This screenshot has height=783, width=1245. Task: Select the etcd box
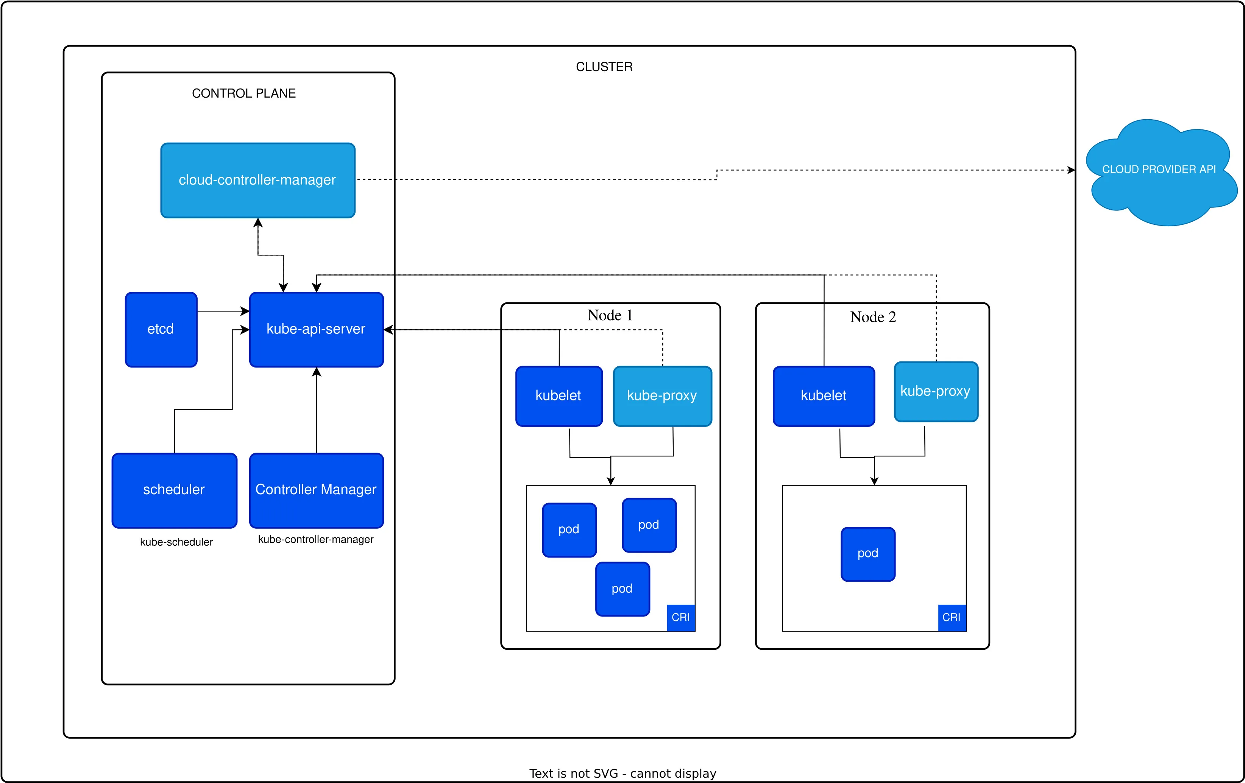(161, 330)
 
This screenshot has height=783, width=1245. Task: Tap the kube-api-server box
(316, 330)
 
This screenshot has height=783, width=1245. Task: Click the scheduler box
(174, 490)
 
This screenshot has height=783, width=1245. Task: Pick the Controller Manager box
(316, 490)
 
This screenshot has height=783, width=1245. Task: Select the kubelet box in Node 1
(559, 396)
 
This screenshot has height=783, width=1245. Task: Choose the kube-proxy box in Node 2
(935, 392)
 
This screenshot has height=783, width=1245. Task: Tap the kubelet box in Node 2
(823, 396)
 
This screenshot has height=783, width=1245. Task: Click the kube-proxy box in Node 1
(662, 396)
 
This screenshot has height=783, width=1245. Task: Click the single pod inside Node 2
(867, 554)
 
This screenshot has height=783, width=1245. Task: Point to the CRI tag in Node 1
(680, 617)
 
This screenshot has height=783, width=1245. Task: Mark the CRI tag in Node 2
(951, 617)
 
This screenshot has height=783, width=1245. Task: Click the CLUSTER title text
(604, 67)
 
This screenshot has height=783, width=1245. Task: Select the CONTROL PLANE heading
(243, 93)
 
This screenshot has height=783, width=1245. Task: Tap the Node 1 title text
(610, 315)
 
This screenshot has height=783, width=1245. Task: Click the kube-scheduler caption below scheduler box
(176, 542)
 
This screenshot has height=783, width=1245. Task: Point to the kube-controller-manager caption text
(315, 540)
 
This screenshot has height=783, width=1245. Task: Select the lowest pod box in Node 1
(622, 589)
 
